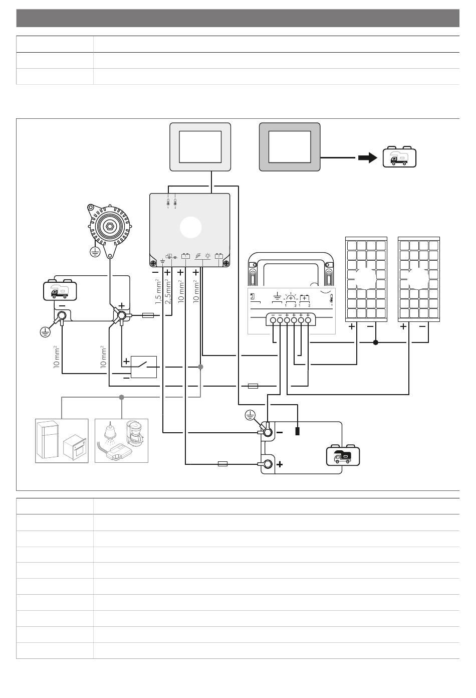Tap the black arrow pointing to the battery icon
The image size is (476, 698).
click(367, 158)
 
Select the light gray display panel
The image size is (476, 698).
click(200, 147)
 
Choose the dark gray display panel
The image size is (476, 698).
click(289, 147)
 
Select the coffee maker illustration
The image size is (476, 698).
click(134, 432)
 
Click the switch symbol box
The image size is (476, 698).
click(143, 367)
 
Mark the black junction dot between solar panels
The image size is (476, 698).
click(375, 342)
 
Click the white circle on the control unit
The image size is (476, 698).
click(190, 228)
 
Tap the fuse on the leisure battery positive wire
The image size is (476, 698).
click(222, 464)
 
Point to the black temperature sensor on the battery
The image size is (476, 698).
click(298, 431)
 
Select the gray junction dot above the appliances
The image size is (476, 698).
click(122, 397)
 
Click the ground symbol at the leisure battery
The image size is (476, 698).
click(251, 415)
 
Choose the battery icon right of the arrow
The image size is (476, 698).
click(399, 157)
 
